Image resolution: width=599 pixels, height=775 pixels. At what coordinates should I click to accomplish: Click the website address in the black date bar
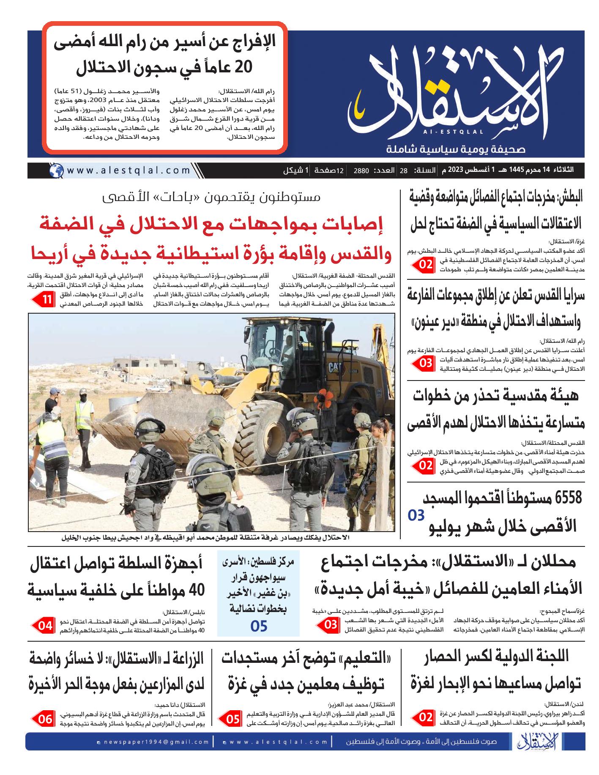coord(129,171)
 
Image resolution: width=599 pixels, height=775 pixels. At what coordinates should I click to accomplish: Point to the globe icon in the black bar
coord(55,171)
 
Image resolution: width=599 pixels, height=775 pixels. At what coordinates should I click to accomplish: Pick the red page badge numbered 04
coord(44,625)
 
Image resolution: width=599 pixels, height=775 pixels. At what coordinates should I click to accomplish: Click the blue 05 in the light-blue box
coord(258,626)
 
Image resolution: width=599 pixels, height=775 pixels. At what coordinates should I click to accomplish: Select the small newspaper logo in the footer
coord(528,754)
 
